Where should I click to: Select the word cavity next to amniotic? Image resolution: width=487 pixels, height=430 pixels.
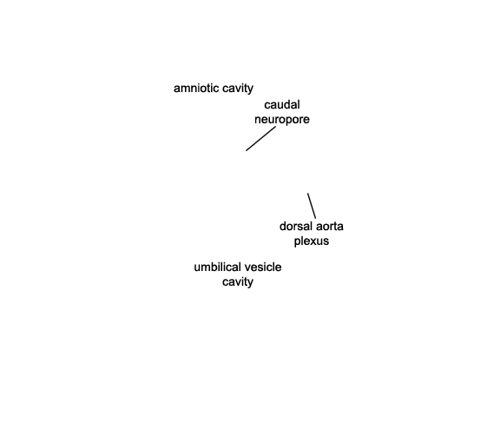point(238,89)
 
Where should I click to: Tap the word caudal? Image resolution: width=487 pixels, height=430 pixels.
point(282,105)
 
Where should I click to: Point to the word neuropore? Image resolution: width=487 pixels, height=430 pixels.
point(282,120)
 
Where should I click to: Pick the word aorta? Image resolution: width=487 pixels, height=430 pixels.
point(329,227)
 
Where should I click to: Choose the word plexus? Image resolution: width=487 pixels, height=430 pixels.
point(312,241)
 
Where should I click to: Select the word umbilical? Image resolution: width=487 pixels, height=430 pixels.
point(217,268)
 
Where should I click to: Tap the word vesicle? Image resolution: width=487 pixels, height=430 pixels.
point(263,268)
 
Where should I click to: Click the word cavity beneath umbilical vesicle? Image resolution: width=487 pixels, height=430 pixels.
point(238,282)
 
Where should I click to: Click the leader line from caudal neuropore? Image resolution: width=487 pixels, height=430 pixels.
point(260,139)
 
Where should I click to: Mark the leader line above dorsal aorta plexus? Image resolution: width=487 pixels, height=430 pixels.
point(312,206)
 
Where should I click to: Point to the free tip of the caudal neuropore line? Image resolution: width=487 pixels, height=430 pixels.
point(246,150)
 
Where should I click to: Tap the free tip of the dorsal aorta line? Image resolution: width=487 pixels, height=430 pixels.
point(308,193)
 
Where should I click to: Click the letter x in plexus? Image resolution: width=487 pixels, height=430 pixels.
point(313,242)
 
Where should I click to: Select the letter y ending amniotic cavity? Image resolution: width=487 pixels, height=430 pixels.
point(250,90)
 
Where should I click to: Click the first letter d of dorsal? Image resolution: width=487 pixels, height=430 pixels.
point(283,226)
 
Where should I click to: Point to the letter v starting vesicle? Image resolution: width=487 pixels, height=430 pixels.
point(247,268)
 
